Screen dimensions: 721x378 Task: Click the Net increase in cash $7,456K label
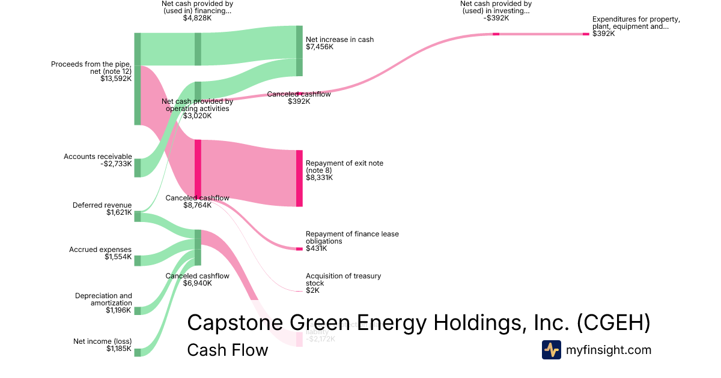click(339, 43)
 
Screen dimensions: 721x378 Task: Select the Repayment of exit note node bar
click(299, 178)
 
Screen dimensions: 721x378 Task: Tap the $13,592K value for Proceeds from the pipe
click(116, 78)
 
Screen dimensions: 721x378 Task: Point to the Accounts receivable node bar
click(137, 168)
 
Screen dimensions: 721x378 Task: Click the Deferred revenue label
click(102, 205)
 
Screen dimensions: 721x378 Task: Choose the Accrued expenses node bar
click(137, 260)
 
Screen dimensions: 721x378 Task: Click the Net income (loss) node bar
click(137, 352)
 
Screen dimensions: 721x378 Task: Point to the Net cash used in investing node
click(496, 34)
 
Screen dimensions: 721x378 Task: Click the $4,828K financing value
click(197, 18)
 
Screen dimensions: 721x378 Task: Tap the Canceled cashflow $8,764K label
click(197, 202)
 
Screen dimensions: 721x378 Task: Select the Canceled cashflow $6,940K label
click(197, 280)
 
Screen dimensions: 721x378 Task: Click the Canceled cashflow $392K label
click(299, 98)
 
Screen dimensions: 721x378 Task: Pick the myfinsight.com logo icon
click(551, 350)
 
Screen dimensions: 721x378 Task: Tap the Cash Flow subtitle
click(227, 350)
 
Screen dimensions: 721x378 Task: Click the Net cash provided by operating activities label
click(197, 109)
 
